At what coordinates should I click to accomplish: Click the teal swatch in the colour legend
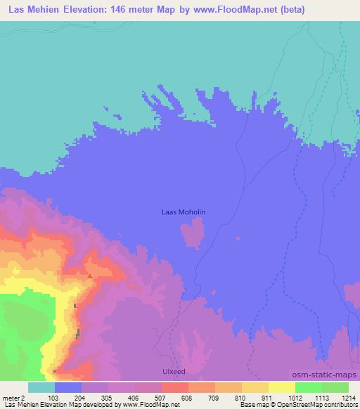point(41,387)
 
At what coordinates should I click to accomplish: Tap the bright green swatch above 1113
point(308,387)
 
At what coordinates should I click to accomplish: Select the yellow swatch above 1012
point(281,387)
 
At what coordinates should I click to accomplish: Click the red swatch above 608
point(175,387)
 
